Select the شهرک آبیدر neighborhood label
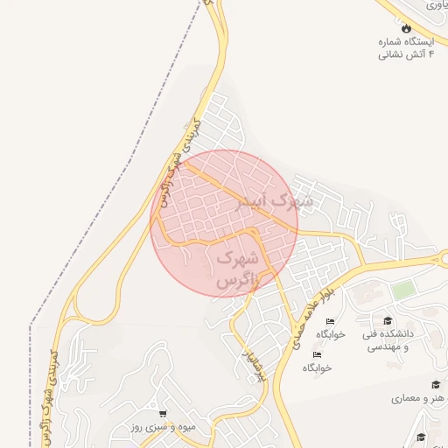point(274,204)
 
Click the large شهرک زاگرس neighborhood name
point(238,269)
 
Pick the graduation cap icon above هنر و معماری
point(435,384)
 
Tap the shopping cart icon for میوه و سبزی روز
point(163,413)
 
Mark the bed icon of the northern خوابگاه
point(329,322)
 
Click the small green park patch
point(402,290)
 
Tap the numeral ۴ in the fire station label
point(432,54)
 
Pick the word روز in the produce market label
point(114,427)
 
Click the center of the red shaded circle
point(224,224)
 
